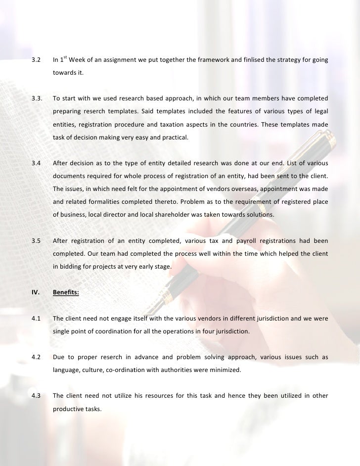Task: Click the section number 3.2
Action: click(x=36, y=61)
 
